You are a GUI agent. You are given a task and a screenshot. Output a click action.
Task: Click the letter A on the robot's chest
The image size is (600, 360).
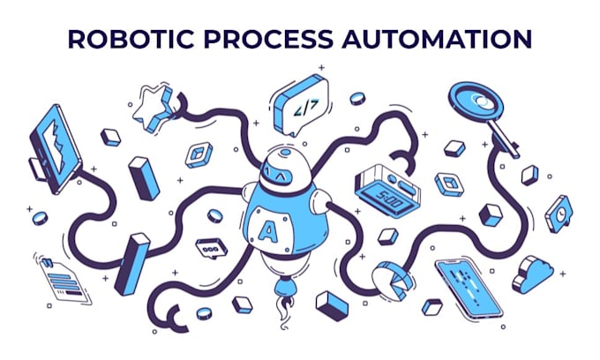click(x=267, y=231)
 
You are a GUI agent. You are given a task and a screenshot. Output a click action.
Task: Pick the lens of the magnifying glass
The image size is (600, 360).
click(x=476, y=100)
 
